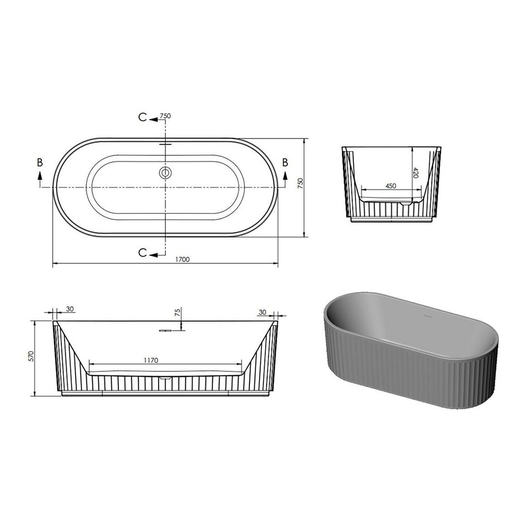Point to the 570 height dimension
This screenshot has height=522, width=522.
(31, 357)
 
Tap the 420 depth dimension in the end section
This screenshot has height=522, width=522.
(416, 172)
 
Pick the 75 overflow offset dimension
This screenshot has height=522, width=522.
(177, 313)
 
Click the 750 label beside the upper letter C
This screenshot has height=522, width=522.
(165, 116)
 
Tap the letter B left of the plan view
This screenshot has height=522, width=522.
(40, 162)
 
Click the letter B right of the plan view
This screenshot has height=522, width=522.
(285, 162)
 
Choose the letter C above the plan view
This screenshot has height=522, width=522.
(143, 117)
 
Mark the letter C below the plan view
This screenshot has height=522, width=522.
(143, 253)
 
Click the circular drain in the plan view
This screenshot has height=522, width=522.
(165, 173)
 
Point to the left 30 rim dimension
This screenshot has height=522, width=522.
(70, 310)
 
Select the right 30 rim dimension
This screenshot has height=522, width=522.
(262, 312)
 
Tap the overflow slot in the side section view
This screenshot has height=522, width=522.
(166, 330)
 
